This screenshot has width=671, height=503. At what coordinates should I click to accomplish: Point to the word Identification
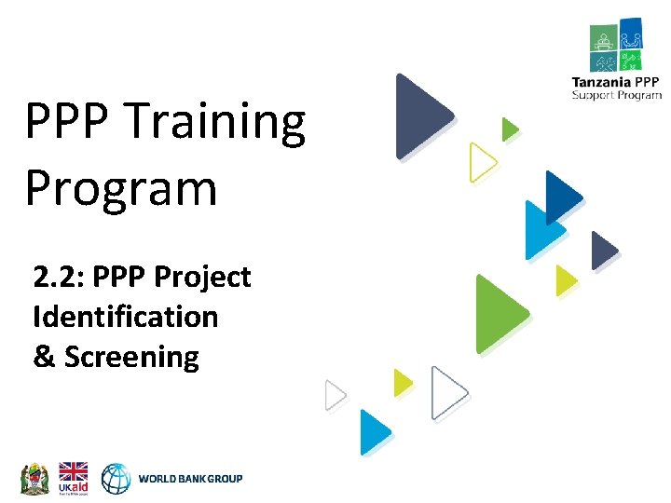click(x=125, y=317)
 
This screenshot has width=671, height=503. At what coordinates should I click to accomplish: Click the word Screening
click(x=131, y=357)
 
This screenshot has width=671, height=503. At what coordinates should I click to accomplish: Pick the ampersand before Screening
click(x=44, y=357)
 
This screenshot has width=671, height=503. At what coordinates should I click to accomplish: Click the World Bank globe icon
click(x=116, y=478)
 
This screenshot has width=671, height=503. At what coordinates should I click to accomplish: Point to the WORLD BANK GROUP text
click(x=190, y=479)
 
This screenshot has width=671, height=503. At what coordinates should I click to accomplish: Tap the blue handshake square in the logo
click(x=630, y=35)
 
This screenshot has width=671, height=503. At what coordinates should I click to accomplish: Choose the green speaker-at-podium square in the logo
click(x=603, y=38)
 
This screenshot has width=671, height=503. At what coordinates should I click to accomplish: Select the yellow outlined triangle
click(x=481, y=162)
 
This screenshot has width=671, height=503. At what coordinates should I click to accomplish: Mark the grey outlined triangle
click(x=334, y=396)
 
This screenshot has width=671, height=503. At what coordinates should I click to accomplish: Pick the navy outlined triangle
click(x=447, y=393)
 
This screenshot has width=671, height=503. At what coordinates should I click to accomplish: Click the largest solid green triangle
click(x=498, y=314)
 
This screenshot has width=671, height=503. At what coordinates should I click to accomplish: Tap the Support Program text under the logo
click(x=617, y=95)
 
